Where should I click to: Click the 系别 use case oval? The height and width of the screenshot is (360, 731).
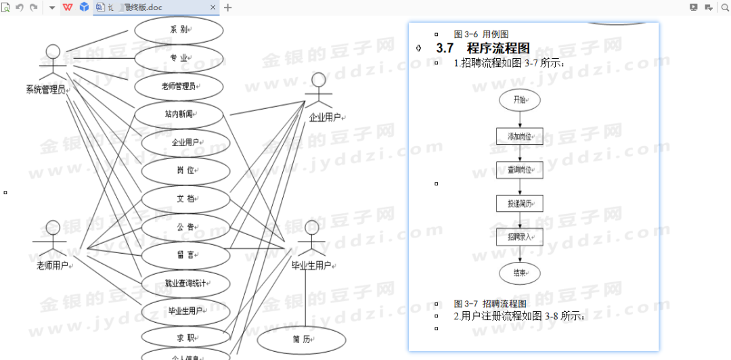tap(179, 30)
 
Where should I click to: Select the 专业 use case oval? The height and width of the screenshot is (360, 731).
tap(179, 58)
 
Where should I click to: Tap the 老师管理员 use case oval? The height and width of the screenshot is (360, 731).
tap(179, 86)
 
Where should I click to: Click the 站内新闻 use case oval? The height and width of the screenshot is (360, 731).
tap(179, 114)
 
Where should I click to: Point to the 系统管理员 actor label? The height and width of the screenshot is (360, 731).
tap(45, 90)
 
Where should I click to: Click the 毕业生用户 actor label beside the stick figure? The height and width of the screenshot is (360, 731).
tap(311, 265)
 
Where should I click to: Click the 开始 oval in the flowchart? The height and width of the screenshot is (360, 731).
tap(520, 100)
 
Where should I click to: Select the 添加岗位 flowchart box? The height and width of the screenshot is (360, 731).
tap(520, 137)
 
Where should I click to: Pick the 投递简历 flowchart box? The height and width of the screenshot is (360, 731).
tap(520, 203)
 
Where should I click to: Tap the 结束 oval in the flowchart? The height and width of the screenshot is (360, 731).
tap(520, 273)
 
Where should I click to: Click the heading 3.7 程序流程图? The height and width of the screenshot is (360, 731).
tap(483, 48)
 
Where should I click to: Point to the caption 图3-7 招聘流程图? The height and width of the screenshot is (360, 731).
tap(490, 304)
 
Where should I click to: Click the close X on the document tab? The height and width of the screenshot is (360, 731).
tap(213, 7)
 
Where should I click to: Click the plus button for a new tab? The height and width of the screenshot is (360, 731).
tap(228, 7)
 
